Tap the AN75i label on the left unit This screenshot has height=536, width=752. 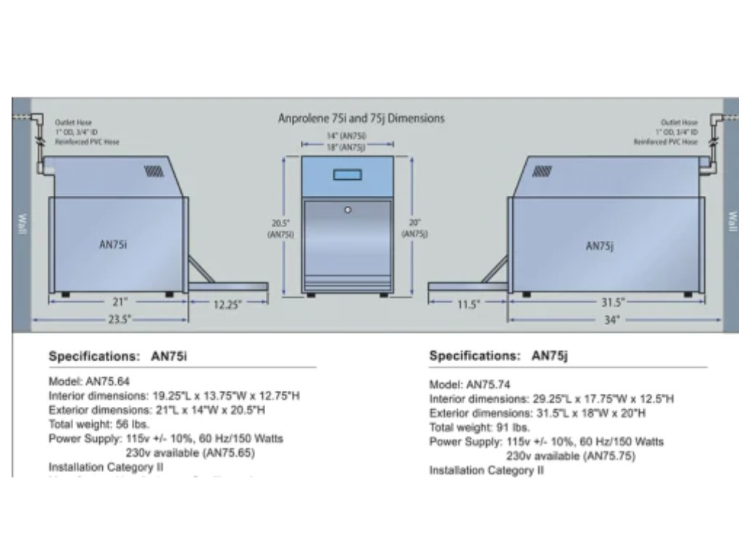(x=113, y=244)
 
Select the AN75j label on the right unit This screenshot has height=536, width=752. (x=599, y=247)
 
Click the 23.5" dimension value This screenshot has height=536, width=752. (x=115, y=319)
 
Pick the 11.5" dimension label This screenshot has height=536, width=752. (x=468, y=305)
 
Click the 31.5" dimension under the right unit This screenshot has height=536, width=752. (x=612, y=303)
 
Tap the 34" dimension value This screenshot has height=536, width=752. (x=613, y=320)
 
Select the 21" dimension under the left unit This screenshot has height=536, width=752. (x=120, y=302)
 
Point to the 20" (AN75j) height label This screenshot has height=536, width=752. (x=414, y=228)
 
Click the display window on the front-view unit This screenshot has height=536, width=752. (x=348, y=174)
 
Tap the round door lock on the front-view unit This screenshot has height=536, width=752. (x=348, y=210)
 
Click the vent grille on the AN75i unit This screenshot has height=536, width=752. (x=154, y=172)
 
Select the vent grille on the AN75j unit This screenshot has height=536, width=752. (x=542, y=172)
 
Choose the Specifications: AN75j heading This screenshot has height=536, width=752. (x=499, y=356)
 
